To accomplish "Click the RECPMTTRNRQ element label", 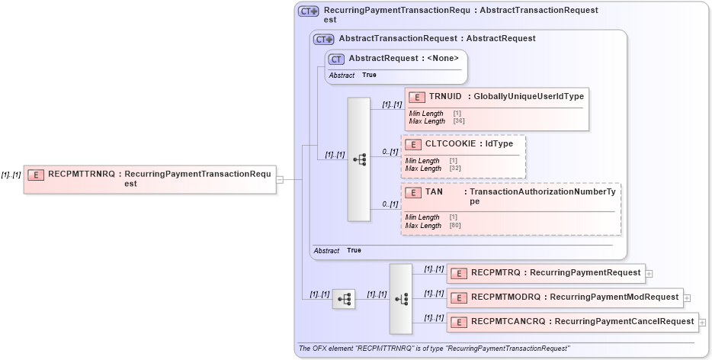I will [x=82, y=174].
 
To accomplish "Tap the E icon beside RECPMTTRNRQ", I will [x=35, y=175].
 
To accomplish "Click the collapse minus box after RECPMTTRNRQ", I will [x=280, y=180].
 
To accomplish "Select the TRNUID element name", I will [x=445, y=97].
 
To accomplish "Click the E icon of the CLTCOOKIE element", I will [x=412, y=143].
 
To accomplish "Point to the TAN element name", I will [x=434, y=192].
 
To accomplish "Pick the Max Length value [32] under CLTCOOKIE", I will [x=455, y=168].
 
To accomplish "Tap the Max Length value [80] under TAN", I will [x=455, y=226].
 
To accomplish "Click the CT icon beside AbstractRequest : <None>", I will [x=335, y=59].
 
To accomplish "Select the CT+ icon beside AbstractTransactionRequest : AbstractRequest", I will [x=325, y=39].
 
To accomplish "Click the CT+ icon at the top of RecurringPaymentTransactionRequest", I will [x=308, y=11].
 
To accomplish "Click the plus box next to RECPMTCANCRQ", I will [x=703, y=323].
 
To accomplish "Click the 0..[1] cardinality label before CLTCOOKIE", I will [x=390, y=152].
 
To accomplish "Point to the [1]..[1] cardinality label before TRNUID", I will [x=392, y=104].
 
